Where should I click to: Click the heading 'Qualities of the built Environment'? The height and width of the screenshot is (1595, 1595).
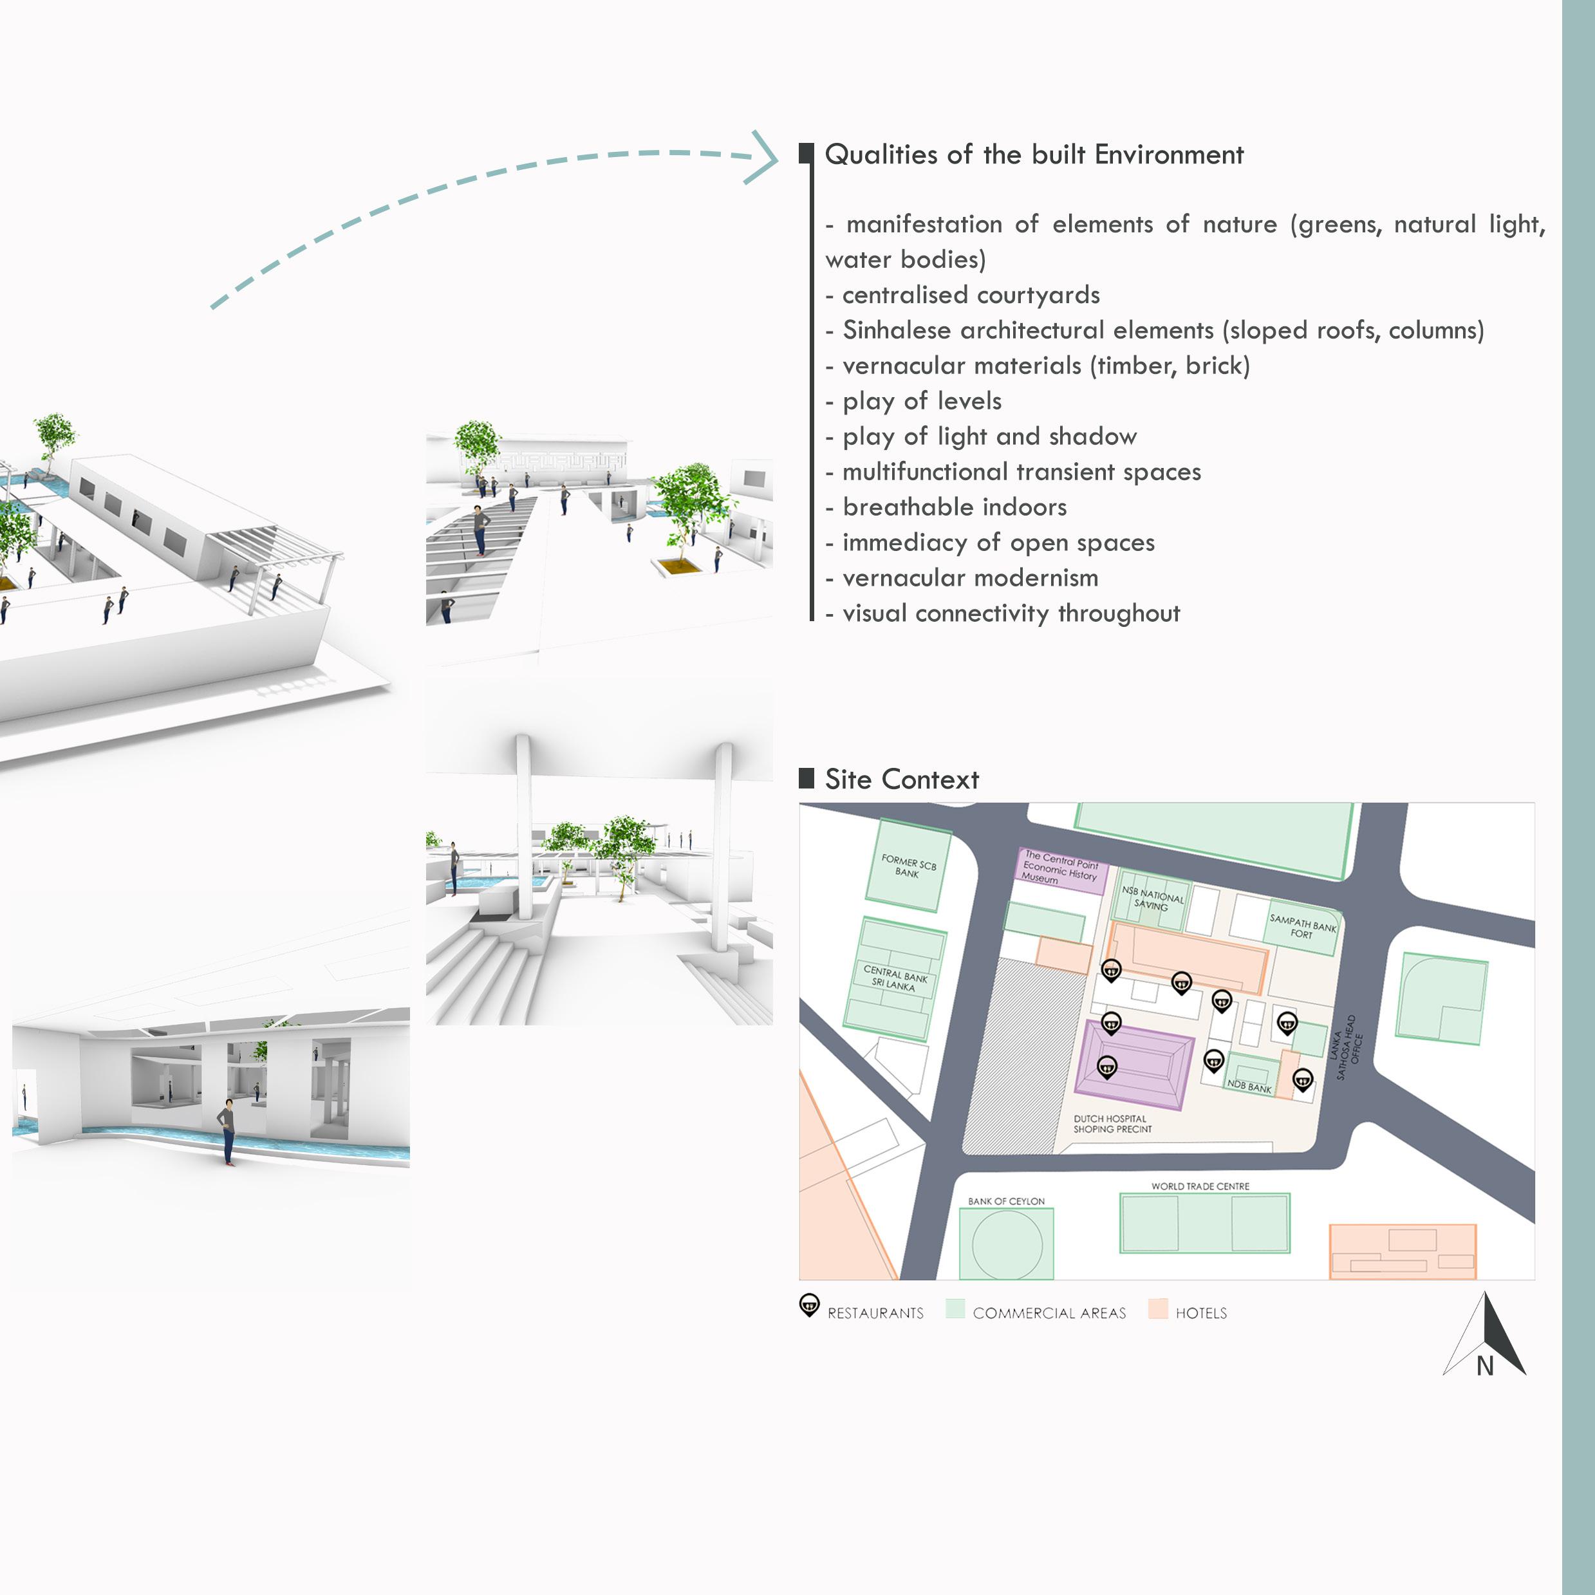(1034, 155)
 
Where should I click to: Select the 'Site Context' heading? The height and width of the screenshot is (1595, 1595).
(902, 779)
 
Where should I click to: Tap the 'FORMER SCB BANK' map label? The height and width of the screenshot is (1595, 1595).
(908, 866)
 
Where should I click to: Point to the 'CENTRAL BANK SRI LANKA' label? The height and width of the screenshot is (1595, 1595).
(895, 978)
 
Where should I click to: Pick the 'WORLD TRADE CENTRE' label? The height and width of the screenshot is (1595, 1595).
(1200, 1186)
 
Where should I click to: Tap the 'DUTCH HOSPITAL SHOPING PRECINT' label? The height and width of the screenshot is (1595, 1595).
(1112, 1124)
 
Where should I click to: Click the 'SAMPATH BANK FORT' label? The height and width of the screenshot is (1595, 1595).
(1302, 926)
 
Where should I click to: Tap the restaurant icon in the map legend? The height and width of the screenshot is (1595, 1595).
(809, 1305)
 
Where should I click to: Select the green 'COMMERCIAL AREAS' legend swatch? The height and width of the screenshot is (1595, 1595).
(955, 1309)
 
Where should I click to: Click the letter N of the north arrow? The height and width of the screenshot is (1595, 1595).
(1485, 1366)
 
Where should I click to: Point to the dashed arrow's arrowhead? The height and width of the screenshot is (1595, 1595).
(763, 157)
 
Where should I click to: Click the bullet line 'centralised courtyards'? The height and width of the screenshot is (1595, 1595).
(970, 295)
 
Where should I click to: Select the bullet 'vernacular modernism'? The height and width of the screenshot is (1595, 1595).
(970, 579)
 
